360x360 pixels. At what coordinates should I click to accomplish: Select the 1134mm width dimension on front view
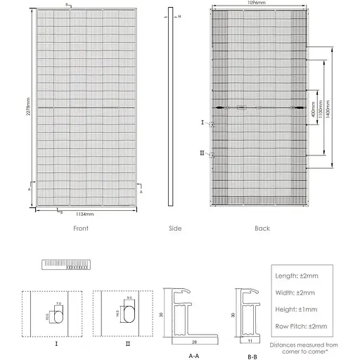tap(86, 213)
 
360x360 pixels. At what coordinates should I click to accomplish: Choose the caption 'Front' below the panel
tap(82, 229)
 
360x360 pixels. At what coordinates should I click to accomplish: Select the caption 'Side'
tap(175, 229)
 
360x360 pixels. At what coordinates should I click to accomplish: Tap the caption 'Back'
tap(262, 229)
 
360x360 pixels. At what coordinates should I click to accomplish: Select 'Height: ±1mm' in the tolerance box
tap(297, 309)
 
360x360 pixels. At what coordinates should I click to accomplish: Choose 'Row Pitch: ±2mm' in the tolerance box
tap(300, 326)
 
